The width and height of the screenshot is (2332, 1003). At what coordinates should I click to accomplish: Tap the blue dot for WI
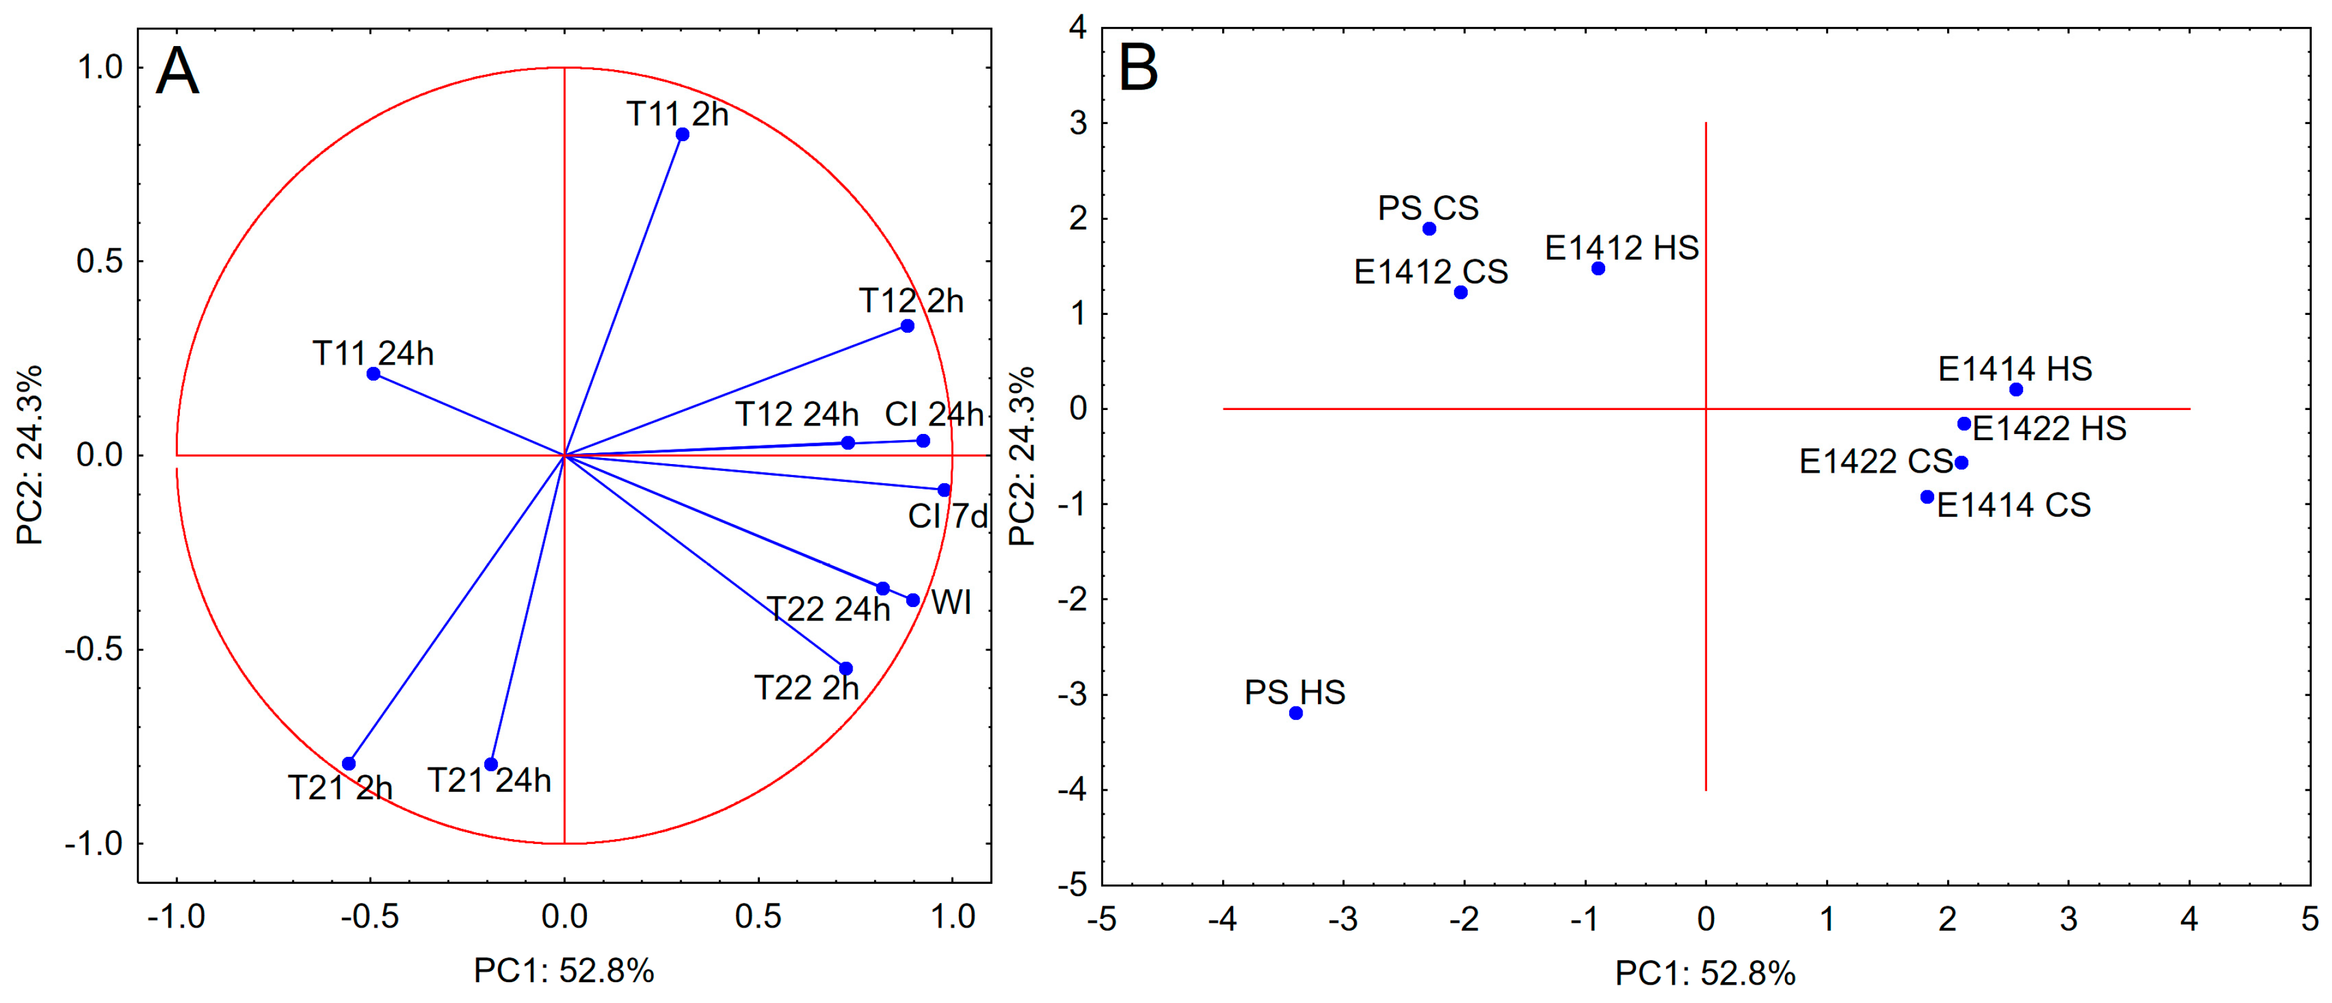(x=913, y=600)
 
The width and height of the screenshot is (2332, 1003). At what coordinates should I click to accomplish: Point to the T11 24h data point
(x=373, y=374)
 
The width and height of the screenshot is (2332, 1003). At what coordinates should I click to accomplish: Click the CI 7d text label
(x=948, y=517)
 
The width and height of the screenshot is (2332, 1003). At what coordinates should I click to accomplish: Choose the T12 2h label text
(x=911, y=301)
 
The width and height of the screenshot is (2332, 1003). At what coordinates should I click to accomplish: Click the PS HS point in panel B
(x=1295, y=713)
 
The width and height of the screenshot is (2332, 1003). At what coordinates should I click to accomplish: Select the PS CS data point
(x=1428, y=229)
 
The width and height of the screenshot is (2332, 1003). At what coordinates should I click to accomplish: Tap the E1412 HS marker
(x=1598, y=269)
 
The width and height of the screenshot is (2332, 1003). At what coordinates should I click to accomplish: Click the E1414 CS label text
(x=2013, y=505)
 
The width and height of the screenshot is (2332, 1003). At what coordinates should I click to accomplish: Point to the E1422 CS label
(x=1875, y=462)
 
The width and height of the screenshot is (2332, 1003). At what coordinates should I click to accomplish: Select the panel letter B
(x=1138, y=68)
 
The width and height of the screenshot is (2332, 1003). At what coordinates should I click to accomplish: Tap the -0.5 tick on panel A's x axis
(x=370, y=917)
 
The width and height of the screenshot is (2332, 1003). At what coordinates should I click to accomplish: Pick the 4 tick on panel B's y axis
(x=1077, y=28)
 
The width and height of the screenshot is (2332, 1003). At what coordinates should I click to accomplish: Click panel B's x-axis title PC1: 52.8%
(x=1705, y=973)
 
